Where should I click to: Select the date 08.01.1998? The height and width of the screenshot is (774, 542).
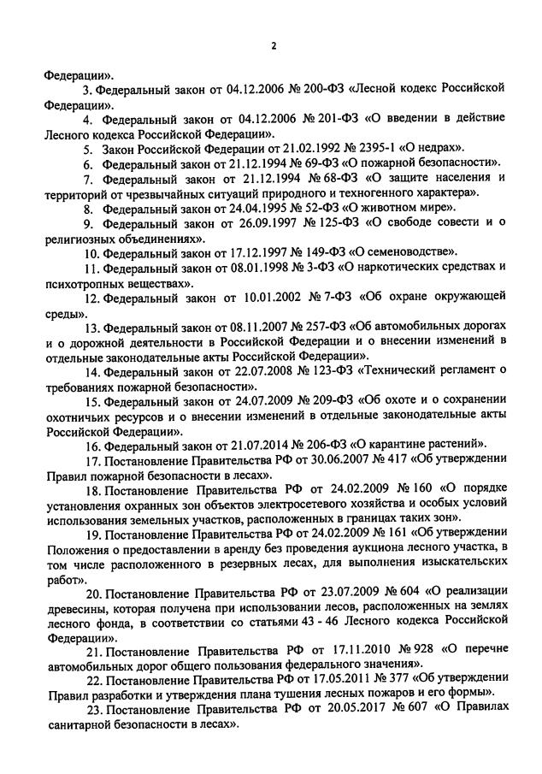click(257, 268)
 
